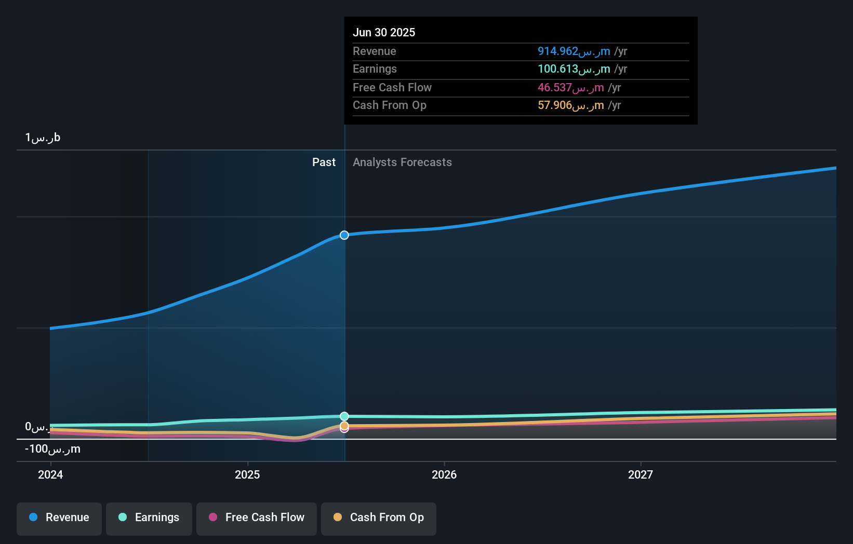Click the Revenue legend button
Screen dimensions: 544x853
click(x=59, y=518)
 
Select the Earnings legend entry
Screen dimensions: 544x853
click(x=149, y=518)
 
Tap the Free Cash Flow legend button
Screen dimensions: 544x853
click(x=257, y=518)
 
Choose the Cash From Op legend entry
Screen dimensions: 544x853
click(x=379, y=518)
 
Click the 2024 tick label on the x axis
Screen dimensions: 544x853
click(x=50, y=475)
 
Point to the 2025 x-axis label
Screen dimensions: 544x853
click(x=247, y=475)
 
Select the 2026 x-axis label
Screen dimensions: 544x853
click(x=444, y=475)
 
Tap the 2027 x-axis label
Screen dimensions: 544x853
click(x=641, y=475)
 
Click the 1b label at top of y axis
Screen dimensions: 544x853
click(x=43, y=138)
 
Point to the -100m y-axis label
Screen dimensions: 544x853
click(x=52, y=449)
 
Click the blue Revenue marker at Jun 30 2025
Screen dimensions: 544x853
click(x=344, y=235)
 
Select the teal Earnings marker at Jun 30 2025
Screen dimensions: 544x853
click(x=344, y=416)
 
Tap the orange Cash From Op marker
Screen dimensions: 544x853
click(x=344, y=426)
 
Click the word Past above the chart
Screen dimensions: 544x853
click(x=324, y=162)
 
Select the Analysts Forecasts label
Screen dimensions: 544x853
click(x=402, y=162)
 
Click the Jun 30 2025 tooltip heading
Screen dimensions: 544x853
click(x=384, y=33)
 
